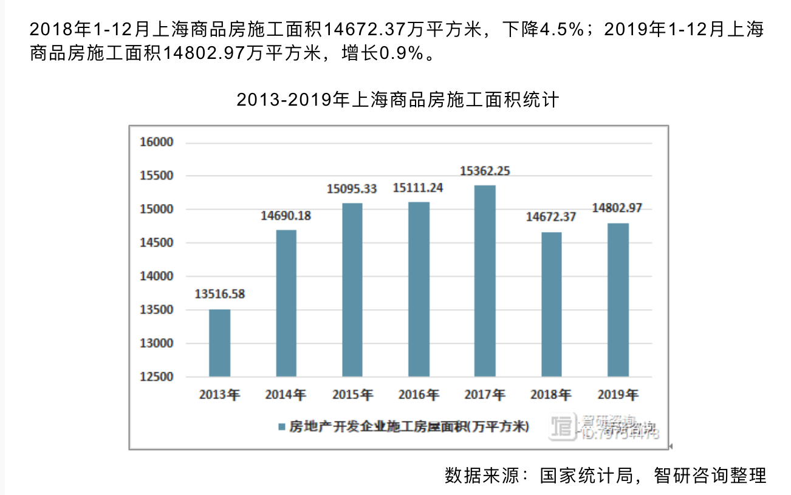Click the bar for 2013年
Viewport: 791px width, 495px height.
219,343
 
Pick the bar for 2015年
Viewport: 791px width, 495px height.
352,290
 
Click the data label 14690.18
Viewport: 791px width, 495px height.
286,216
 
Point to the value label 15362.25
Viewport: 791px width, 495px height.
485,171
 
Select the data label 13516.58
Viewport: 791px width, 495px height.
219,295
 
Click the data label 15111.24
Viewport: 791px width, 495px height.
418,188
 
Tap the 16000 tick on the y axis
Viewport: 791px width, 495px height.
157,143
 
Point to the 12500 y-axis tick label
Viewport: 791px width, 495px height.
157,377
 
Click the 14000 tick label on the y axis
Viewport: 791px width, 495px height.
157,276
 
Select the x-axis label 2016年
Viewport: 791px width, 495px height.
418,395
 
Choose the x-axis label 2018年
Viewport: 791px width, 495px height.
551,395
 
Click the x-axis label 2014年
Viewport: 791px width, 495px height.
286,395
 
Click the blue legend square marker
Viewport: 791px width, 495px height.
281,426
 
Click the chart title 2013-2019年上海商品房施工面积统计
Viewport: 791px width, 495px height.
397,100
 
